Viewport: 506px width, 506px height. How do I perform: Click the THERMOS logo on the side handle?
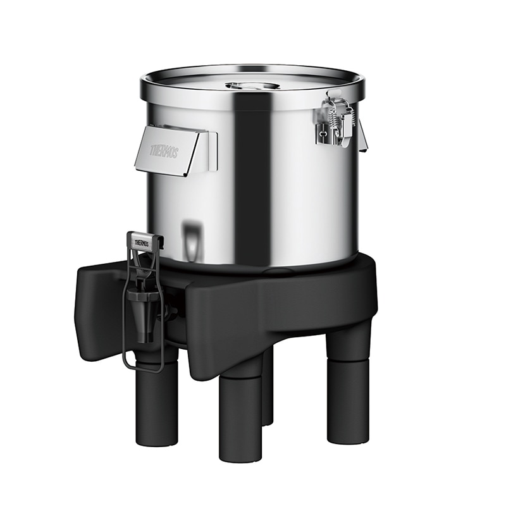[x=164, y=151]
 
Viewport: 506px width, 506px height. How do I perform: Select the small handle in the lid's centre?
[x=252, y=85]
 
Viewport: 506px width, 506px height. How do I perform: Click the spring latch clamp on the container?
[x=335, y=120]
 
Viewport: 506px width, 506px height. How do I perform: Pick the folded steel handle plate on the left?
[x=171, y=150]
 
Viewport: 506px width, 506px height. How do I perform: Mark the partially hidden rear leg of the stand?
[x=268, y=392]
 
